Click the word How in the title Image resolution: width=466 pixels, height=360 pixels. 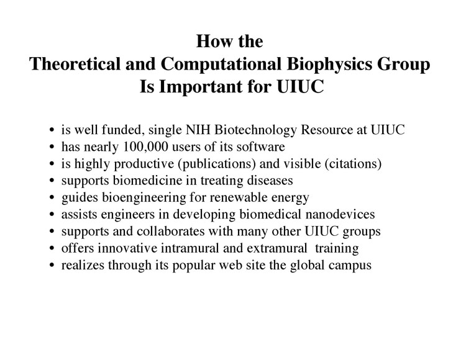tap(211, 43)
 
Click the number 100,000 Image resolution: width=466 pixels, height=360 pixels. tap(145, 148)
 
